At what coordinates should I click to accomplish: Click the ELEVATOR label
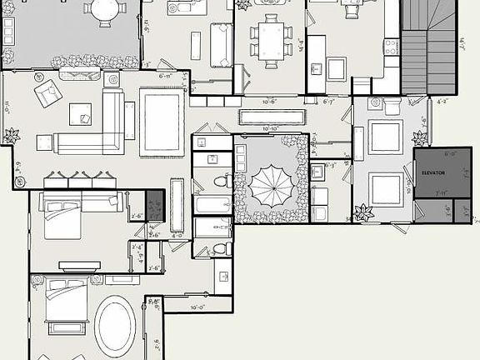coord(433,172)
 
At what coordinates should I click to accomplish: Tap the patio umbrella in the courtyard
coord(267,185)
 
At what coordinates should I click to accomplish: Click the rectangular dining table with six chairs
coord(271,39)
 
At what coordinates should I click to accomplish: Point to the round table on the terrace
coord(104,10)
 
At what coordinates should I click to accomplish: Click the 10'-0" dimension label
coord(197,307)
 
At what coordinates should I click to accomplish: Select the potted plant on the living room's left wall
coord(11,135)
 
